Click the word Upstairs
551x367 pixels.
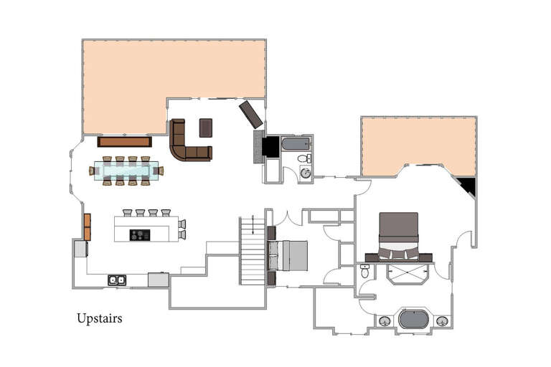[x=99, y=318]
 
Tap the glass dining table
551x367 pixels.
[x=126, y=171]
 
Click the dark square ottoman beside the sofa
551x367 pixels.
[x=206, y=128]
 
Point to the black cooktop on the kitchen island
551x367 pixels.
[x=140, y=234]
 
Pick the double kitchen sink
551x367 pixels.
[x=117, y=280]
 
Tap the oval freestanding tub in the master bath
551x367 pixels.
[x=413, y=319]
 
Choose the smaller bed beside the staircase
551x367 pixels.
[x=288, y=255]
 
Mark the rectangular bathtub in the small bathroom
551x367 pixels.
[x=296, y=143]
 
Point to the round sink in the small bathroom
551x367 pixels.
[x=305, y=173]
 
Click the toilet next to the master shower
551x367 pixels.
[x=364, y=271]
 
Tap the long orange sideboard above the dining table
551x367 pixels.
[x=124, y=141]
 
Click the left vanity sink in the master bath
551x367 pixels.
[x=385, y=321]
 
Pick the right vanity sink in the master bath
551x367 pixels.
[x=442, y=321]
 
